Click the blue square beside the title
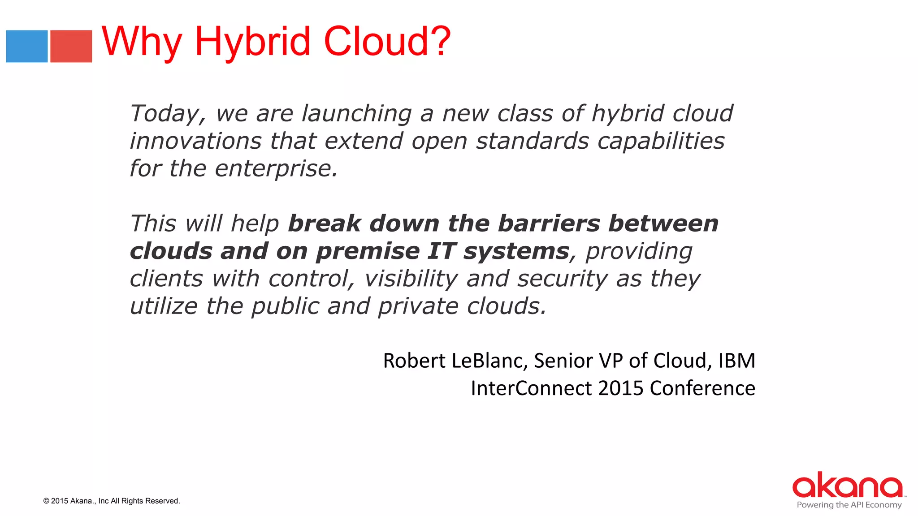coord(27,46)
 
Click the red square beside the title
coord(71,46)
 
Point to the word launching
coord(356,114)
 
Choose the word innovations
coord(195,141)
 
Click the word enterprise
coord(276,169)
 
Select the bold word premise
coord(368,251)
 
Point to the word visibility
coord(411,279)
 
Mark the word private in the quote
coord(418,307)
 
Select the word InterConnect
coord(532,388)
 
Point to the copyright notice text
coord(112,501)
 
